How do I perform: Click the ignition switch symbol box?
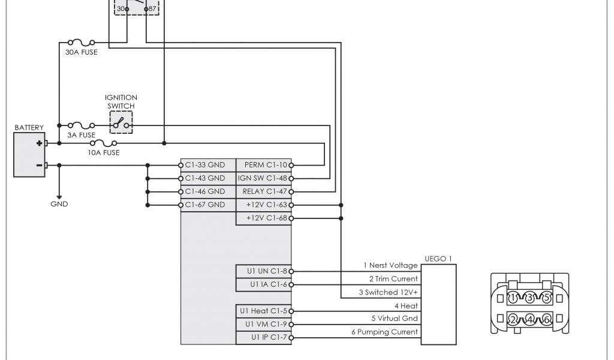point(121,122)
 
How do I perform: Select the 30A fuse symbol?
point(81,43)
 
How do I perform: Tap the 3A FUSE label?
point(81,135)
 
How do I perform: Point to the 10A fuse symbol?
point(103,144)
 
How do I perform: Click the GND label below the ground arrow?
point(59,204)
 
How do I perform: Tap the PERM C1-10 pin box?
point(264,164)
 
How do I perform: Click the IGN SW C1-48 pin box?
point(264,178)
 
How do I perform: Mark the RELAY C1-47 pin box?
point(264,192)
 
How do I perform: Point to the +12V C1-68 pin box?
point(264,218)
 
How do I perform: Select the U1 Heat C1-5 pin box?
point(264,311)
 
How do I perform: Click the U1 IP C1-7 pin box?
point(264,338)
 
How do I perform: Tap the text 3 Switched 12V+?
point(388,292)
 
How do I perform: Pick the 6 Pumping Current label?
point(384,332)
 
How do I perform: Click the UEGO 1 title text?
point(437,259)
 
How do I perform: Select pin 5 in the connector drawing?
point(545,298)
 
